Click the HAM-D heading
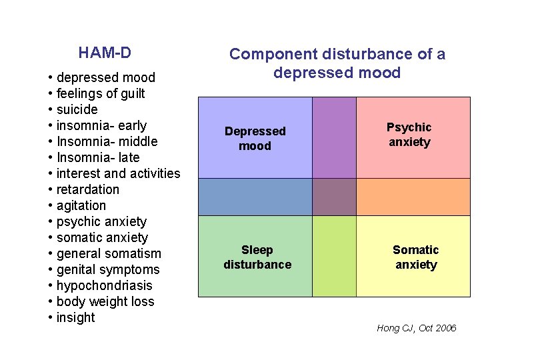pyautogui.click(x=104, y=52)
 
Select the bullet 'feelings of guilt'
pyautogui.click(x=100, y=93)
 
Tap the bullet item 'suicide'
pyautogui.click(x=77, y=109)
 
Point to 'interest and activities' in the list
pyautogui.click(x=118, y=173)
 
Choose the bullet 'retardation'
pyautogui.click(x=87, y=189)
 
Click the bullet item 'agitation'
pyautogui.click(x=81, y=205)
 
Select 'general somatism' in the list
pyautogui.click(x=109, y=253)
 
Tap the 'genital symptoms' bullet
pyautogui.click(x=108, y=269)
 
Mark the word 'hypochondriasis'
pyautogui.click(x=104, y=285)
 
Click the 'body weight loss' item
pyautogui.click(x=105, y=301)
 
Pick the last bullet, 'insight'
pyautogui.click(x=75, y=317)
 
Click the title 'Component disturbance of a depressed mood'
pyautogui.click(x=337, y=63)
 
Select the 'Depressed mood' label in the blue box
pyautogui.click(x=255, y=138)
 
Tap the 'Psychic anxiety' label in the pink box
pyautogui.click(x=409, y=134)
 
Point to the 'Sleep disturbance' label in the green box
pyautogui.click(x=257, y=257)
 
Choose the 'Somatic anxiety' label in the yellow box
pyautogui.click(x=416, y=257)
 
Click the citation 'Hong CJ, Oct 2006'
pyautogui.click(x=417, y=328)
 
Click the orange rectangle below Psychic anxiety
pyautogui.click(x=413, y=197)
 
